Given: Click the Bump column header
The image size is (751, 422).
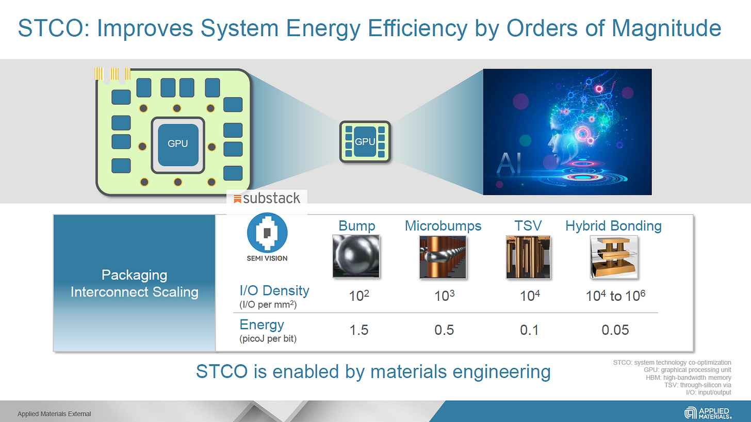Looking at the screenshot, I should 356,225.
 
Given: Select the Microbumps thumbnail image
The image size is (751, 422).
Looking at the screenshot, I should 443,257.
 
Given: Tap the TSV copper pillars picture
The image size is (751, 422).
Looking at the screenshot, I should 528,257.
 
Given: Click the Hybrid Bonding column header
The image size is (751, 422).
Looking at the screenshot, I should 613,225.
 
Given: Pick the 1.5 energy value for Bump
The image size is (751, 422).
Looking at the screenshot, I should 358,330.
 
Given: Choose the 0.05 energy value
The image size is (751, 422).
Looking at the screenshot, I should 615,330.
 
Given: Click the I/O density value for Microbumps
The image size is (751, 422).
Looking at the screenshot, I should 444,296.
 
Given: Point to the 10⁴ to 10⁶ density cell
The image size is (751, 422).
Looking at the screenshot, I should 615,296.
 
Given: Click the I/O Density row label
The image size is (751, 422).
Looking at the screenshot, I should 274,290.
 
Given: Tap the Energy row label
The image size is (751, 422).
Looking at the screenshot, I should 262,324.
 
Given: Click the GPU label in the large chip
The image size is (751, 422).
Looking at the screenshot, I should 178,144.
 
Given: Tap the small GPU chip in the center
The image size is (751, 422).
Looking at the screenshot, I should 365,142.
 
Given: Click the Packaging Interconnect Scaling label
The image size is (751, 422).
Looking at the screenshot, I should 134,283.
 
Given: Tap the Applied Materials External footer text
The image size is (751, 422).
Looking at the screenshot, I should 54,414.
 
